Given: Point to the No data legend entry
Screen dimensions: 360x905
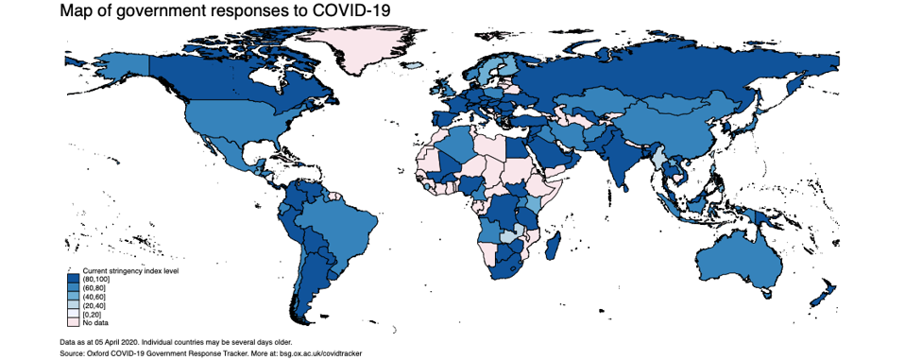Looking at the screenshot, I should pos(95,323).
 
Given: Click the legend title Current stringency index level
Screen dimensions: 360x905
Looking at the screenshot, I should pos(130,271).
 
